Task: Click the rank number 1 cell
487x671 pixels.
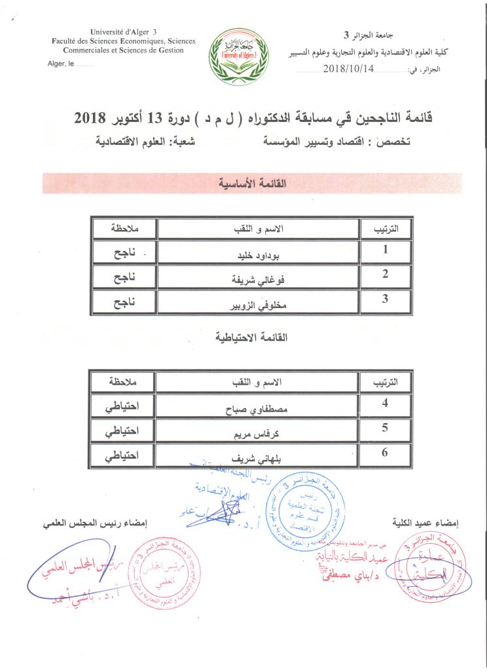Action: pos(386,250)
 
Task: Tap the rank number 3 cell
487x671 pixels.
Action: pos(386,299)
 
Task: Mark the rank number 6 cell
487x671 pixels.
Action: pos(386,453)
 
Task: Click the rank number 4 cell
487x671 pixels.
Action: pos(386,404)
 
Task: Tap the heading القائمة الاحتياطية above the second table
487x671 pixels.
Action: pos(251,338)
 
